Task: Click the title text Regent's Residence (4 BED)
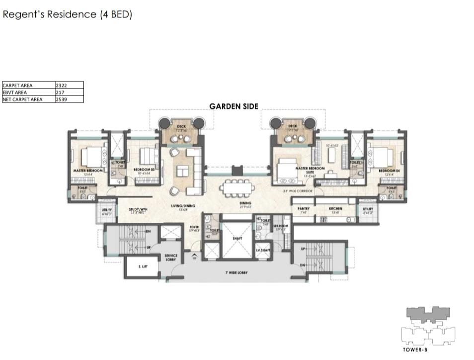(x=68, y=14)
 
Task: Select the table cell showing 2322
(x=62, y=85)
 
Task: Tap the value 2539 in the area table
(x=62, y=99)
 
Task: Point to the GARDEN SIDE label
(x=234, y=106)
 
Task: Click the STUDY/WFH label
(x=138, y=209)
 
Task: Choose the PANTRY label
(x=304, y=209)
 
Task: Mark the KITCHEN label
(x=335, y=209)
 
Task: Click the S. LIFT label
(x=141, y=267)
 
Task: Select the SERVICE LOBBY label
(x=171, y=257)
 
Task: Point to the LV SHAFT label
(x=263, y=250)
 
